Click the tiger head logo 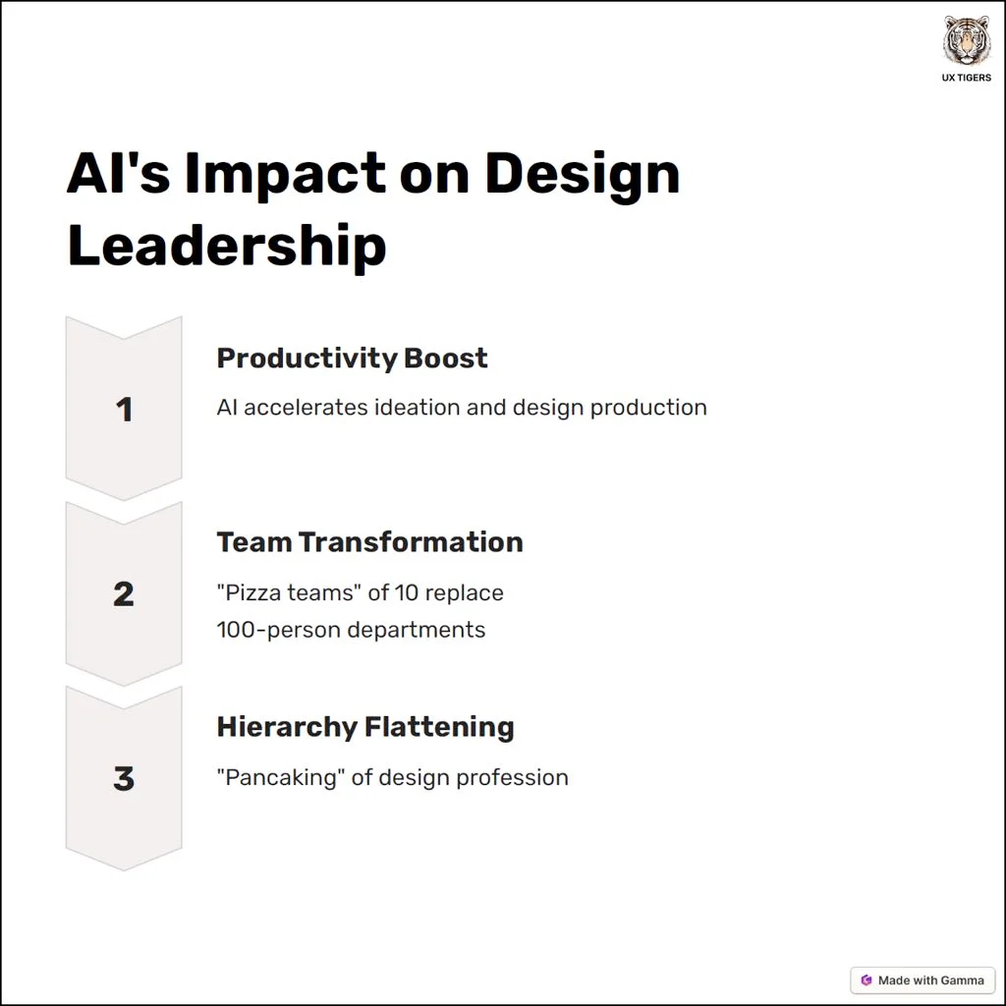click(967, 39)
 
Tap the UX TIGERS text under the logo click(967, 78)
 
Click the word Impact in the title click(286, 176)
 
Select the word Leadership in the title click(227, 247)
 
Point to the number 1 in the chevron click(125, 410)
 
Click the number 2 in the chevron click(124, 594)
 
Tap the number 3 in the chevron click(124, 778)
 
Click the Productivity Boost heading click(353, 359)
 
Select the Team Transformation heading click(370, 542)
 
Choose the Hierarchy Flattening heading click(365, 728)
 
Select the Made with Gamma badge click(922, 980)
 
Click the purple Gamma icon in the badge click(866, 980)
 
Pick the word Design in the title click(582, 176)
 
